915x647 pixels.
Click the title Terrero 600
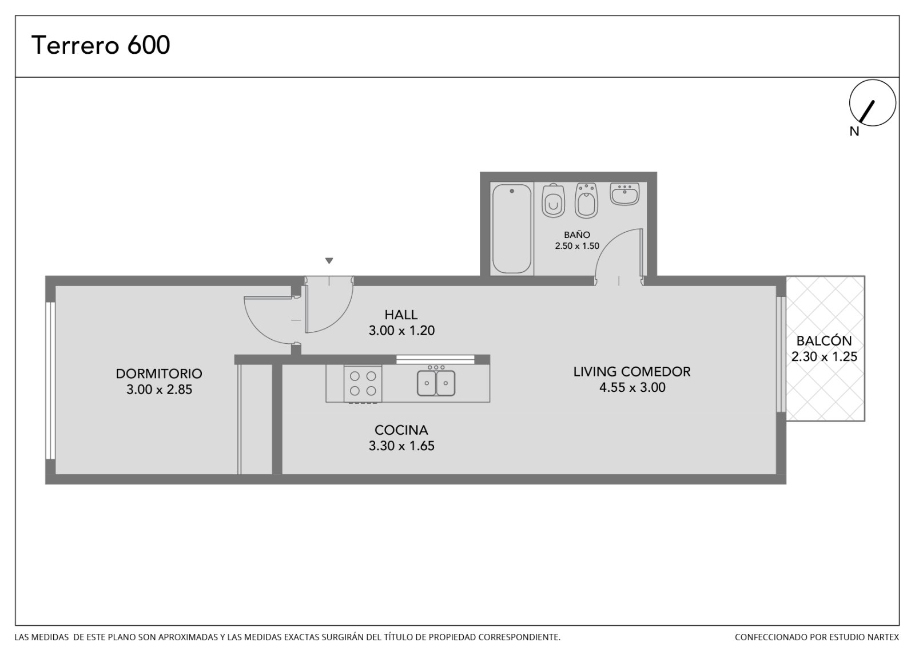101,45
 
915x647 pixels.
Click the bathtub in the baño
511,228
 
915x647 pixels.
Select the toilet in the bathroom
553,201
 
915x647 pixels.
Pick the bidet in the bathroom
586,200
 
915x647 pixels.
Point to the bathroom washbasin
624,194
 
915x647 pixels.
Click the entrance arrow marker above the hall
329,260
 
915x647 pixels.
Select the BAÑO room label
577,235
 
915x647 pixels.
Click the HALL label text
401,315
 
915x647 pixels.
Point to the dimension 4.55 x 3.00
632,387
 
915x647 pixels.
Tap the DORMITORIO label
159,374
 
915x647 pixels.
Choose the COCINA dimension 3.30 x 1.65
401,446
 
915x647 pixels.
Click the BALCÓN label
824,340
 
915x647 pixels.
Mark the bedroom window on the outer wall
50,380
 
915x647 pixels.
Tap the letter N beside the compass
854,131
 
